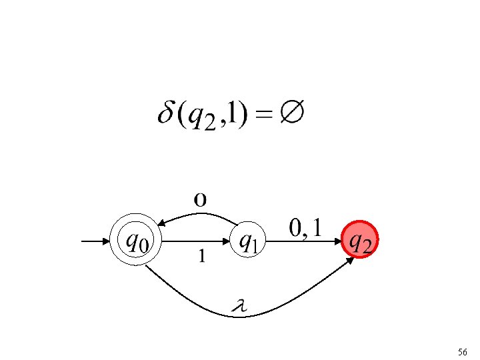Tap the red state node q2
pos(361,240)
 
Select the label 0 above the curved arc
pos(200,199)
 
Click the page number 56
pos(463,351)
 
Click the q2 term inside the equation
pos(202,117)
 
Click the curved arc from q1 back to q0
pos(200,215)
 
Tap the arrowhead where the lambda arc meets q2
pos(351,261)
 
